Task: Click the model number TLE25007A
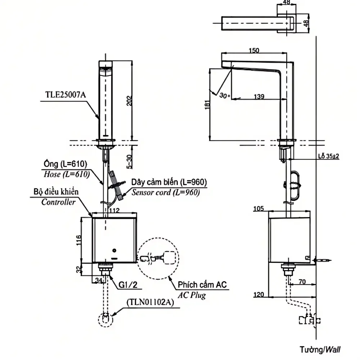pos(66,95)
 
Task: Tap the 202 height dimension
pos(130,100)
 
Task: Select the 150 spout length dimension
pos(254,50)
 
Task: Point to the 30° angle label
pos(224,95)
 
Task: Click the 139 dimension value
pos(259,96)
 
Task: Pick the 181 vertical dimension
pos(207,105)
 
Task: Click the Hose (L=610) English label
pos(67,175)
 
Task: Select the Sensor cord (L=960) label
pos(166,192)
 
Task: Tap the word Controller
pos(58,202)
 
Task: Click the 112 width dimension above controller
pos(114,210)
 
